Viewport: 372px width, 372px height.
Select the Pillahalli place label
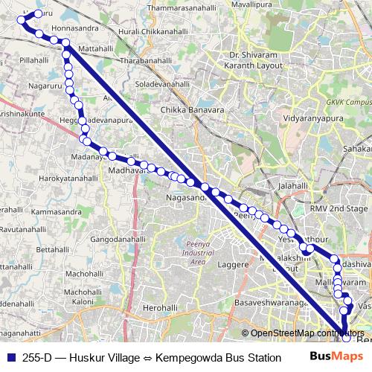click(33, 59)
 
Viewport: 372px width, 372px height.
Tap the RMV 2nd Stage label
click(339, 209)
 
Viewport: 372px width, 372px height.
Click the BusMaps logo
click(331, 356)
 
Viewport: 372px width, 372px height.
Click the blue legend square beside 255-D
click(10, 357)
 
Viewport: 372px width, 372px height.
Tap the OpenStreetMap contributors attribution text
click(306, 333)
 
